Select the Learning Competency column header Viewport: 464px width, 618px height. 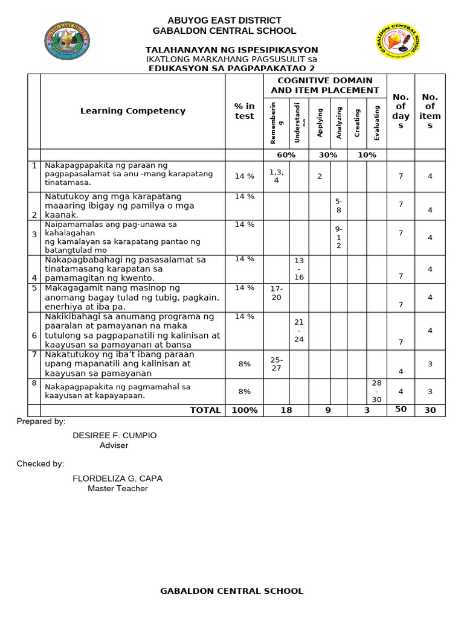tap(133, 111)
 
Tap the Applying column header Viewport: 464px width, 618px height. tap(320, 123)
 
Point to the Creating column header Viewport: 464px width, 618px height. tap(357, 123)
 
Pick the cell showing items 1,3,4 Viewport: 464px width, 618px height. tap(276, 176)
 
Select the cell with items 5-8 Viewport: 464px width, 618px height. tap(339, 206)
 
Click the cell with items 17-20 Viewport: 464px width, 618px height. tap(276, 293)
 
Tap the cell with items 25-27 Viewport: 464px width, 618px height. tap(276, 364)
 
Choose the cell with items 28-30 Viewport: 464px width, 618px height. tap(376, 391)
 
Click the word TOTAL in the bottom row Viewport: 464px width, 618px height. tap(205, 410)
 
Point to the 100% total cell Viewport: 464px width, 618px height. tap(244, 410)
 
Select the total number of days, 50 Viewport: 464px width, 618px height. tap(400, 410)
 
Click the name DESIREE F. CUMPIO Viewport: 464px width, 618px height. tap(114, 435)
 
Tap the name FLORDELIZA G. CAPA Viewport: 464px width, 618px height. tap(117, 479)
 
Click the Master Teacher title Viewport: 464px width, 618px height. tap(117, 488)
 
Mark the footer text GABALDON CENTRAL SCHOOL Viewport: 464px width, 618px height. tap(231, 591)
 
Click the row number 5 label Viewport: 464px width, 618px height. tap(34, 288)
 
